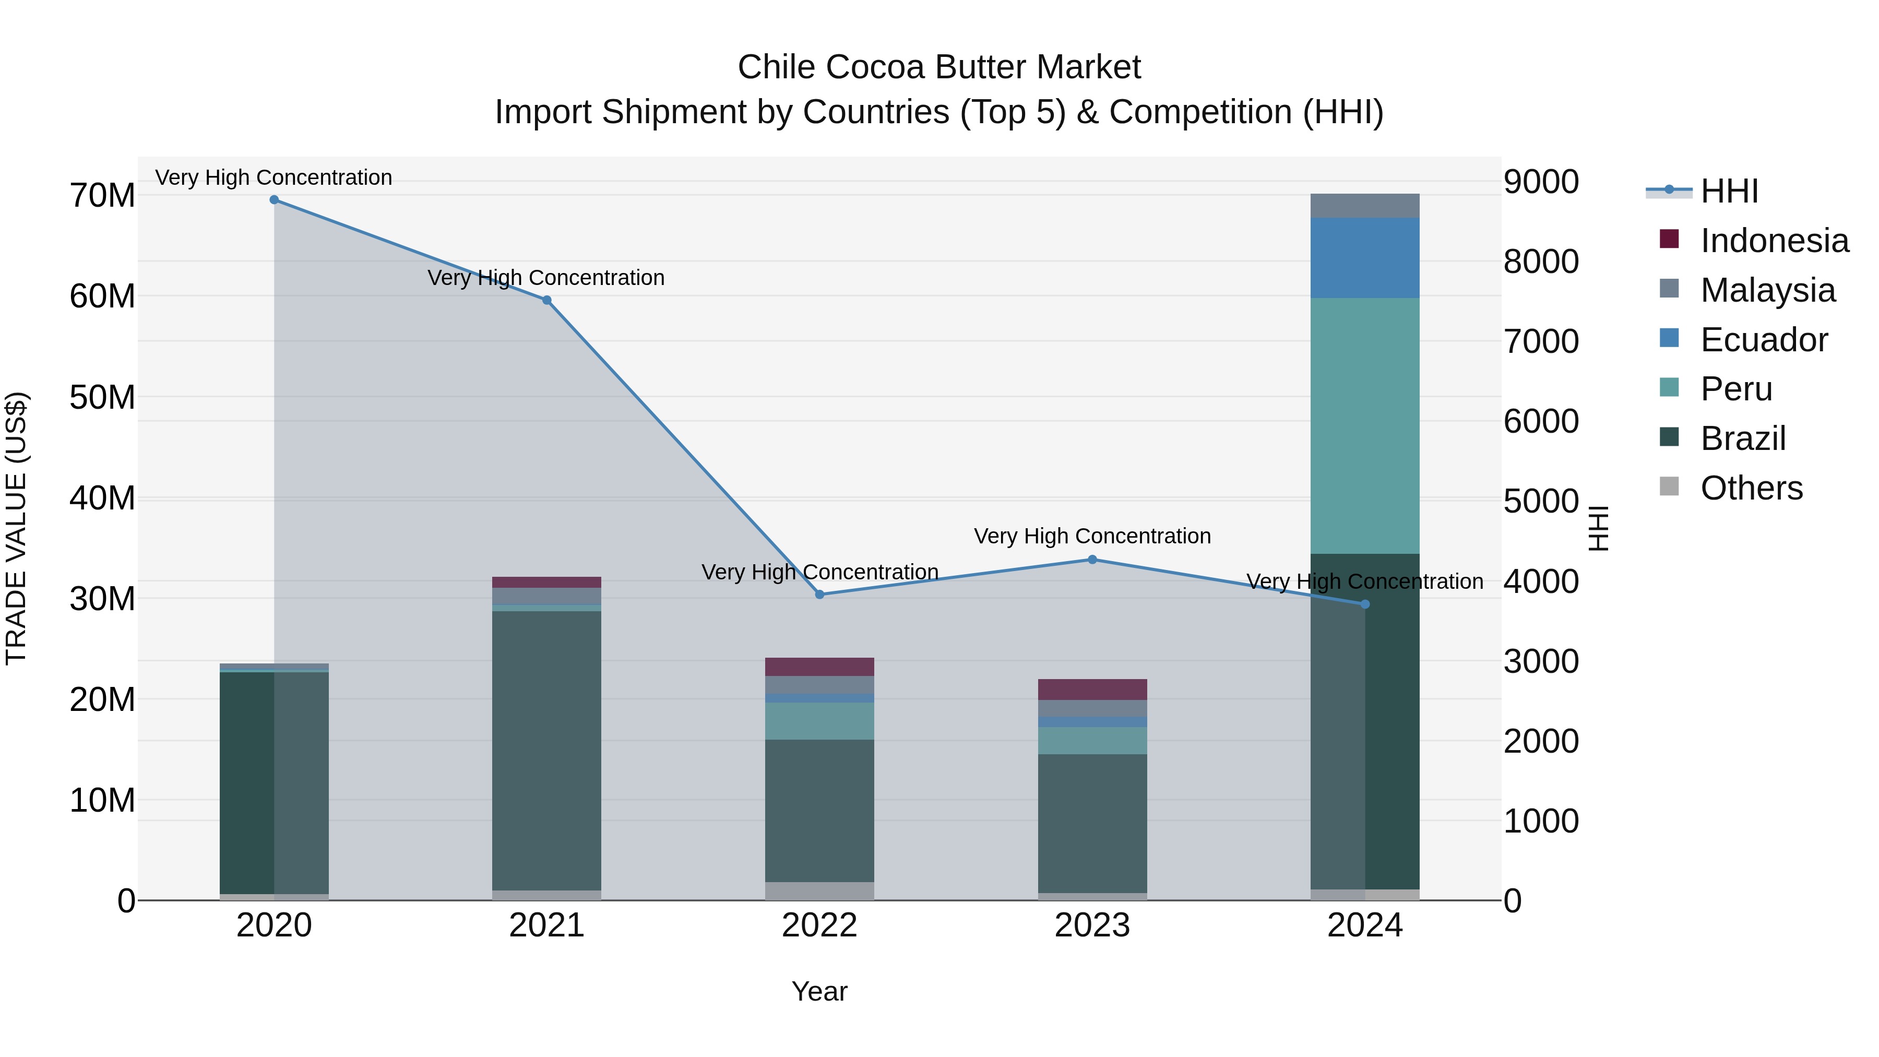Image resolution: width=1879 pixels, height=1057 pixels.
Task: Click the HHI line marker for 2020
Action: [x=274, y=200]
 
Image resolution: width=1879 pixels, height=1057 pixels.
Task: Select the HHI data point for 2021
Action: [x=547, y=300]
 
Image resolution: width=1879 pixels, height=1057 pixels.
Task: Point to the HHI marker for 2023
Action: [x=1092, y=560]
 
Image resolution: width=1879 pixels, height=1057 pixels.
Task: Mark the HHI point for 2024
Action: [x=1365, y=604]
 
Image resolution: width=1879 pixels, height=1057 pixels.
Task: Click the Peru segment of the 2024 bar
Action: [x=1365, y=425]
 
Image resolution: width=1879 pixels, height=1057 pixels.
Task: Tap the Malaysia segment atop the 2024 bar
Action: [x=1365, y=206]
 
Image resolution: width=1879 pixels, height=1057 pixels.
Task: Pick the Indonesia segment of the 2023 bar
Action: [x=1092, y=690]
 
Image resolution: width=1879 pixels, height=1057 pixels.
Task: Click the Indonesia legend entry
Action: [x=1774, y=241]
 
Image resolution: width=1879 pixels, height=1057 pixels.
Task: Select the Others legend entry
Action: [x=1751, y=488]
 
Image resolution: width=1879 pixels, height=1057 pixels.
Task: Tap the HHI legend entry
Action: [x=1729, y=191]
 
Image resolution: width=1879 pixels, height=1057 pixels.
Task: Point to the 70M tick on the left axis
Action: [x=102, y=196]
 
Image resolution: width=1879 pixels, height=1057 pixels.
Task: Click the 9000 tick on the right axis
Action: [x=1541, y=182]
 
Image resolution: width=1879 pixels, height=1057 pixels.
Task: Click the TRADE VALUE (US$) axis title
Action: [x=16, y=528]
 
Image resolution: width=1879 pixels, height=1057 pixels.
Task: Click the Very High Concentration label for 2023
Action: [x=1092, y=536]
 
